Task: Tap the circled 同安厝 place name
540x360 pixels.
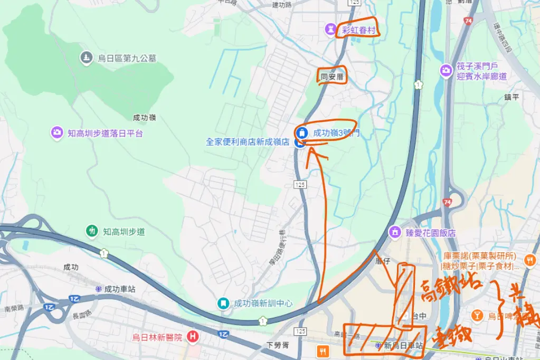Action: (x=332, y=77)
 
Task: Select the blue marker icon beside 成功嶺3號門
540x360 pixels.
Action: (x=301, y=132)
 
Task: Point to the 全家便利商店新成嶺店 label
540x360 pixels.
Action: (x=248, y=142)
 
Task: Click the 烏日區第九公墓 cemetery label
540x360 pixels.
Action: (x=127, y=59)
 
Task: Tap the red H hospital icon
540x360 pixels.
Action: (x=193, y=336)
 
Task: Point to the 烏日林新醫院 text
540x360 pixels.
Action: (x=157, y=337)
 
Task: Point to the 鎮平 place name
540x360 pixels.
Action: (x=512, y=97)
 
